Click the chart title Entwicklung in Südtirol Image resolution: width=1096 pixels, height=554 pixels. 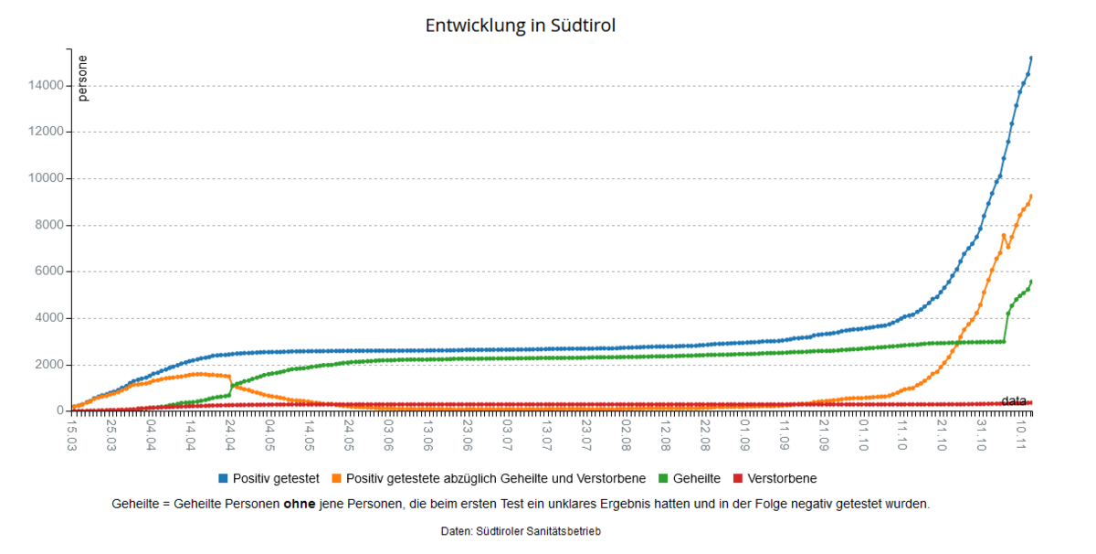pos(521,26)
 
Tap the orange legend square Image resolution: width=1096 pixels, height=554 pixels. pos(337,478)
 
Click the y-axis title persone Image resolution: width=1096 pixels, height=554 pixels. pos(83,79)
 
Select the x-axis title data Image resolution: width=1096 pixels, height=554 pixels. pos(1014,400)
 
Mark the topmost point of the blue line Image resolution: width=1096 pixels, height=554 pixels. pos(1031,58)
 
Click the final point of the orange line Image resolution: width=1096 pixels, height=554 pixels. pos(1031,196)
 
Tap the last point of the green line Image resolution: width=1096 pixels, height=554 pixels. pos(1031,281)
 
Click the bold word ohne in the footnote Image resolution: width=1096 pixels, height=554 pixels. pos(300,504)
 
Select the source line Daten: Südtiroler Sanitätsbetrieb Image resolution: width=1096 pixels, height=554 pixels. pos(521,531)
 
